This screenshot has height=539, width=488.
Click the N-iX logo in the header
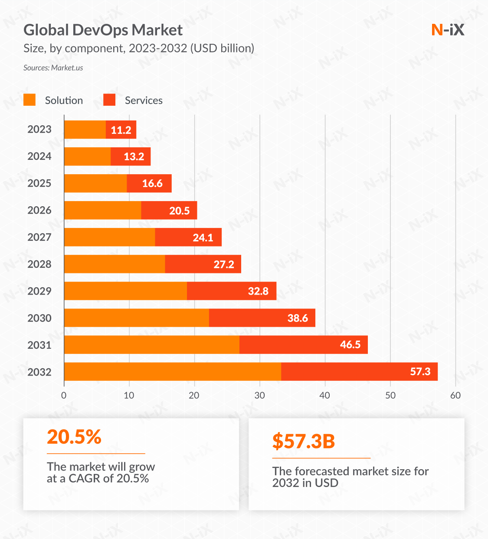coord(448,29)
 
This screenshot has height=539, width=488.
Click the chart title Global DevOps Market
coord(103,30)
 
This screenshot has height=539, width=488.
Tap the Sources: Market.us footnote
coord(53,68)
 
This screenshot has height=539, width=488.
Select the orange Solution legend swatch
coord(29,100)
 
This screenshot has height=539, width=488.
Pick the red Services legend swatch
coord(109,100)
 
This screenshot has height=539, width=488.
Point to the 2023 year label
coord(39,130)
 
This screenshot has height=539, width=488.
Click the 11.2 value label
coord(121,130)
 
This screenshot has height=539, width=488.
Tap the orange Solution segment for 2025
coord(95,183)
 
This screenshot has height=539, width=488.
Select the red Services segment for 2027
coord(188,237)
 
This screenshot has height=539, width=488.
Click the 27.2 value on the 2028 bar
coord(224,264)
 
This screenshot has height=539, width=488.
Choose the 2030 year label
coord(39,318)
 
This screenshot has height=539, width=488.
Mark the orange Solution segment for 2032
coord(173,372)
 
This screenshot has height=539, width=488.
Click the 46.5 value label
coord(350,345)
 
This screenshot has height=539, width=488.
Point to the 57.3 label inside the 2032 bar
coord(420,372)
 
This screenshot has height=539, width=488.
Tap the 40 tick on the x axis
coord(325,395)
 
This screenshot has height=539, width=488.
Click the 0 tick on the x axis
coord(64,395)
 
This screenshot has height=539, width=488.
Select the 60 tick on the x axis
coord(455,395)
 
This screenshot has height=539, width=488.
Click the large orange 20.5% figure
coord(74,437)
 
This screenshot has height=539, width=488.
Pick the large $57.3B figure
coord(304,441)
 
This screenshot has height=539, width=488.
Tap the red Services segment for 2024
coord(131,156)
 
